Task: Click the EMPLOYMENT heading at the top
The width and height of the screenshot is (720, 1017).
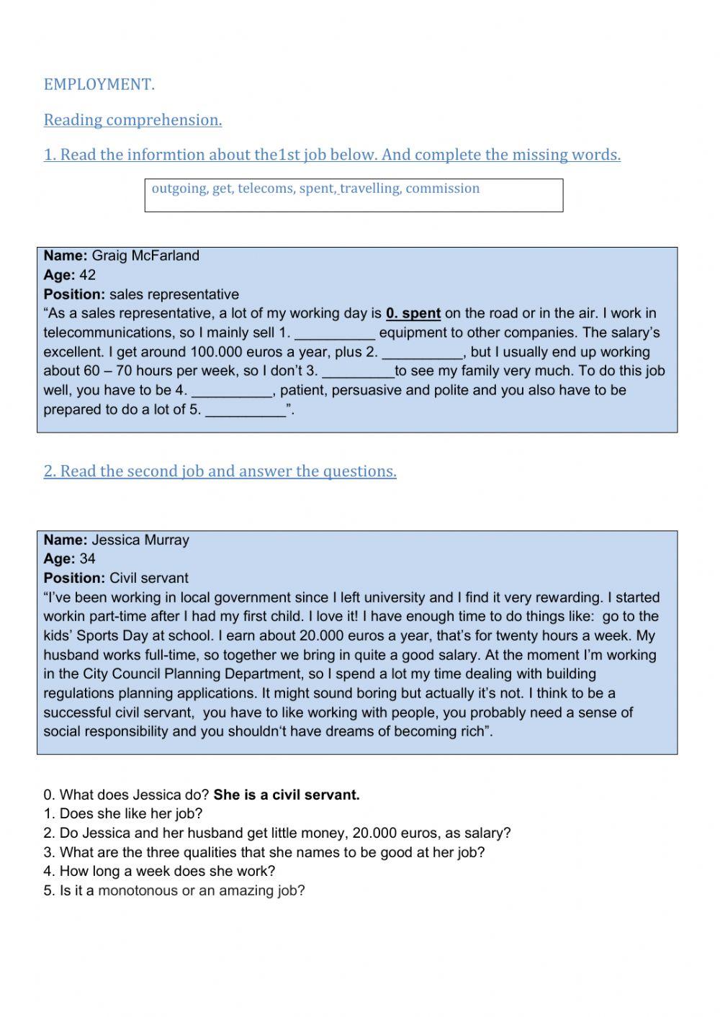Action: point(99,84)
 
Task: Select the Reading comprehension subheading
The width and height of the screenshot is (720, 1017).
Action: point(132,119)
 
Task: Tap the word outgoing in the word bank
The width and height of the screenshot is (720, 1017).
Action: point(179,189)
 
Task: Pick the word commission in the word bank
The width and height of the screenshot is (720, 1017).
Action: point(442,189)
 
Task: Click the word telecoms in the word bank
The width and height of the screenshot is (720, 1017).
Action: point(266,189)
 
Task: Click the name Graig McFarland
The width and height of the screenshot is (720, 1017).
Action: point(145,256)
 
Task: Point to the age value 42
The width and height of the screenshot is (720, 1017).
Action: point(87,275)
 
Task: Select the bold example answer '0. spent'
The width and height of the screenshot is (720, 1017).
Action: point(413,313)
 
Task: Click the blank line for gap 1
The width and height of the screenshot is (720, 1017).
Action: point(335,334)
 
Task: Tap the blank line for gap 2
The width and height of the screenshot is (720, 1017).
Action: point(421,353)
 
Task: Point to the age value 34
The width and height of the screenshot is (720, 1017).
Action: point(87,559)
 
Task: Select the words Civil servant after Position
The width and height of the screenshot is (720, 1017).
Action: point(148,578)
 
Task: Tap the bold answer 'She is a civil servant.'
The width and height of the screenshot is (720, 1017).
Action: point(287,795)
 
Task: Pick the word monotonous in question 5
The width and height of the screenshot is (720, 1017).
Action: point(138,890)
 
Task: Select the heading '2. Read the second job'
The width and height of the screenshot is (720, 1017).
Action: point(220,471)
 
